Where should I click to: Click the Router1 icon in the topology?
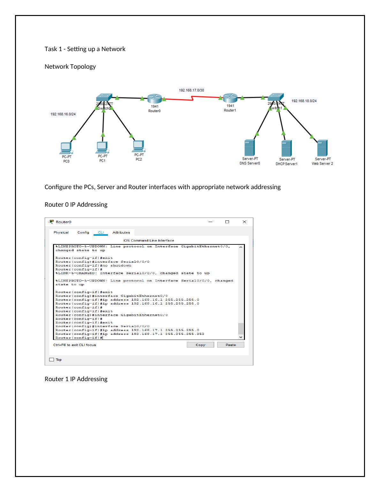pos(230,98)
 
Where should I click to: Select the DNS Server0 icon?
pos(249,148)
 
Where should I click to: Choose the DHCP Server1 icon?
pos(286,148)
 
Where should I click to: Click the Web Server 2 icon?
pos(322,148)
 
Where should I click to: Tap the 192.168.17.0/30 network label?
pos(192,90)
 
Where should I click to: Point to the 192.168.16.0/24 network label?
pos(63,114)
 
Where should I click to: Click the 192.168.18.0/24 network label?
pos(304,101)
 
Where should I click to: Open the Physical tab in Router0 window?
pos(61,233)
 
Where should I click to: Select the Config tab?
pos(83,233)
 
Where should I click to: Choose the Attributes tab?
pos(121,233)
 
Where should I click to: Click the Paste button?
pos(231,345)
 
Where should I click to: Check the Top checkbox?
pos(52,360)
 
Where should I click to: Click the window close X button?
pos(244,222)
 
